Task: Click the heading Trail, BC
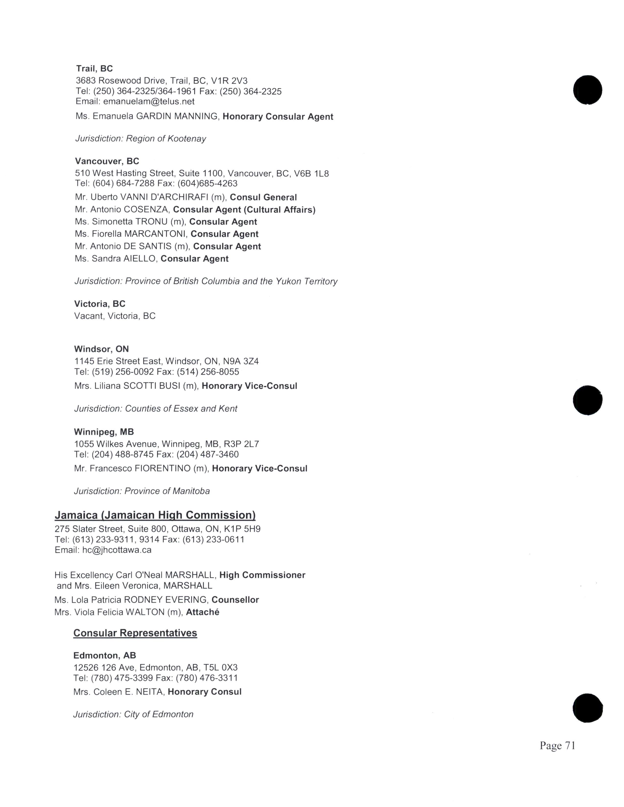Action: coord(94,68)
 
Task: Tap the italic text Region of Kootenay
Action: coord(166,139)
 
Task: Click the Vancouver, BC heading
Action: coord(107,161)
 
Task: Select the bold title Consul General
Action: coord(263,197)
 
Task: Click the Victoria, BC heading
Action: coord(100,304)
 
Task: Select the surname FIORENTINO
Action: coord(163,469)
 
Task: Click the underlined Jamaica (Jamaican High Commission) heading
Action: coord(155,515)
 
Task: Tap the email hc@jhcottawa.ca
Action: coord(117,550)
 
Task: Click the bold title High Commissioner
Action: coord(262,575)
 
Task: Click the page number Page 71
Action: coord(557,746)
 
